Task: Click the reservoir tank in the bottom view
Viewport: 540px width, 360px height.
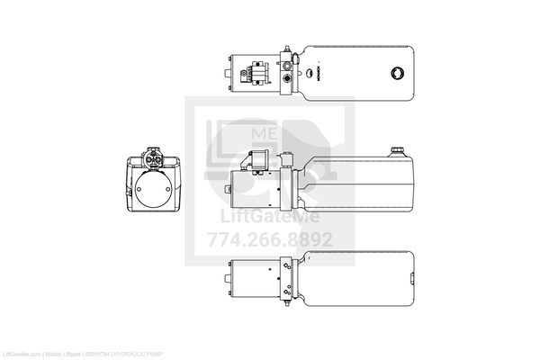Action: [360, 274]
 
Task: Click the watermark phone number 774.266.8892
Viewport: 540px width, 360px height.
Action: [270, 239]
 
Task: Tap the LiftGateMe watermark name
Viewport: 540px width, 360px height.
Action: [270, 217]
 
